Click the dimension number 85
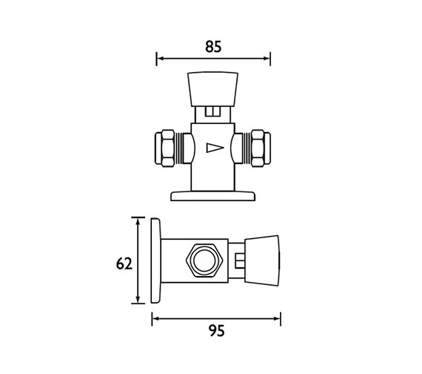(213, 47)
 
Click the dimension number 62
(124, 263)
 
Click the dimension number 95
(217, 331)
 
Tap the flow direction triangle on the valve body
(215, 148)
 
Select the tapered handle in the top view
(212, 89)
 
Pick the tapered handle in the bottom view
(262, 260)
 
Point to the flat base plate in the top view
(212, 196)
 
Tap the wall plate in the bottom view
(155, 260)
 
